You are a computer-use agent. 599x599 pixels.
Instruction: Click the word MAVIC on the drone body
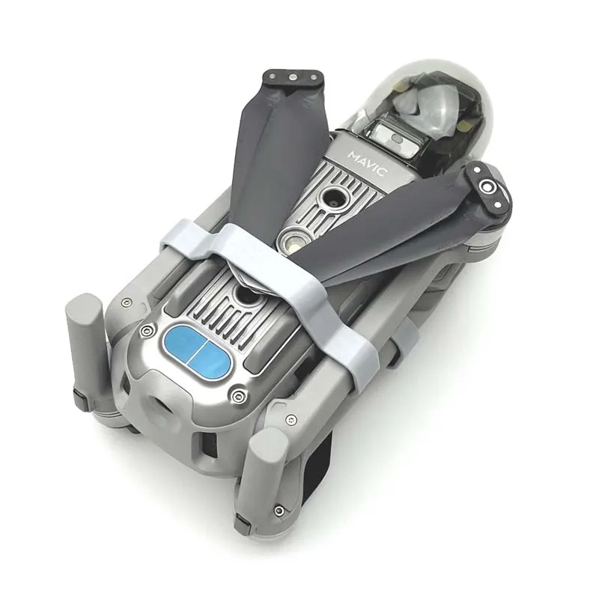click(x=368, y=164)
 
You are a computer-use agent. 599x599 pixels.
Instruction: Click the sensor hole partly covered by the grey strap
click(x=248, y=295)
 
